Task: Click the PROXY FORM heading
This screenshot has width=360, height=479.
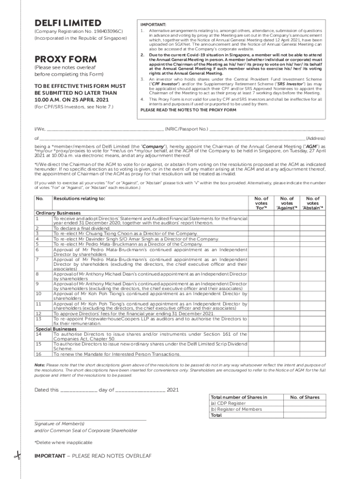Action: [66, 59]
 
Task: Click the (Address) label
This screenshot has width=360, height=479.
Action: [315, 138]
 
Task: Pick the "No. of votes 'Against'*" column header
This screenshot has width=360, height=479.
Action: [287, 203]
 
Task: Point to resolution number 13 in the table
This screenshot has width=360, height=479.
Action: [39, 319]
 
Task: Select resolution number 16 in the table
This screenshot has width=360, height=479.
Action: [39, 354]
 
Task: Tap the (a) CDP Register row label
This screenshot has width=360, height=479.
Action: [228, 403]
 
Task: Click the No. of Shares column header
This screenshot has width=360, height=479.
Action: [304, 397]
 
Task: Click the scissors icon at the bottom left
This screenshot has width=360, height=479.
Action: [17, 457]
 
